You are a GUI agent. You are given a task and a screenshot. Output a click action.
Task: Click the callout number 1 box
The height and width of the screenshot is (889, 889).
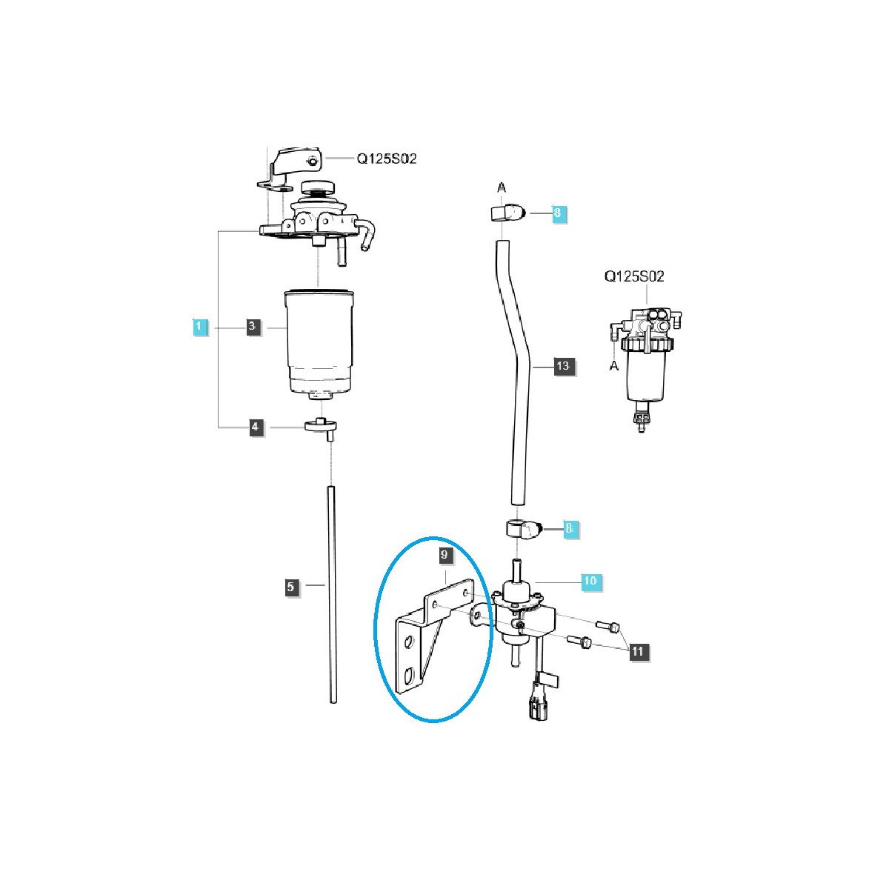click(x=199, y=326)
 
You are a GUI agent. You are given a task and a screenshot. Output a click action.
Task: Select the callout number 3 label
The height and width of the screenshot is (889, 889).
click(x=253, y=326)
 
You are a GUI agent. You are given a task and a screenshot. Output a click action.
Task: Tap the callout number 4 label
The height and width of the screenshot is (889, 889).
click(x=256, y=427)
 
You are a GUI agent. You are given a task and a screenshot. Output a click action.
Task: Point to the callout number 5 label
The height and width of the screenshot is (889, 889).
click(x=290, y=587)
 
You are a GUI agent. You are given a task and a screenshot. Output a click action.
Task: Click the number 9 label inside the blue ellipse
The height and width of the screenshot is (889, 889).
click(x=444, y=555)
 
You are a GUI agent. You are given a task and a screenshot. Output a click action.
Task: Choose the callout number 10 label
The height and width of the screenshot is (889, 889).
click(x=590, y=582)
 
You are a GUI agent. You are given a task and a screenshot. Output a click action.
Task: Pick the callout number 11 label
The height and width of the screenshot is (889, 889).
click(x=638, y=651)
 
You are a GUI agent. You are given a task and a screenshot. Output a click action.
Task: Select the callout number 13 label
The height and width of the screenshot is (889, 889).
click(x=563, y=366)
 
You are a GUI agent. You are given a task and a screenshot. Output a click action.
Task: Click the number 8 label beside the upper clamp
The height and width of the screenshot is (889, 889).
click(x=558, y=214)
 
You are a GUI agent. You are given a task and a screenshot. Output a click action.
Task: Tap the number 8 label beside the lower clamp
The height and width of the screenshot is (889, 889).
click(x=569, y=529)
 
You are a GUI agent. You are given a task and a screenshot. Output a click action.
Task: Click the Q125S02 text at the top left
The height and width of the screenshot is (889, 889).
click(x=387, y=159)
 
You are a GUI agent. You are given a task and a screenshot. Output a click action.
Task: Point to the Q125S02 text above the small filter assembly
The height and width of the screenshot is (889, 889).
click(x=634, y=276)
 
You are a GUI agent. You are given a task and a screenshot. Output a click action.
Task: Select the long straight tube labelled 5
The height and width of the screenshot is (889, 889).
click(x=332, y=593)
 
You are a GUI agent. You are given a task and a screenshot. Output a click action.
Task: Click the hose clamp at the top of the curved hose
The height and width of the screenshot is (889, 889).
click(x=505, y=213)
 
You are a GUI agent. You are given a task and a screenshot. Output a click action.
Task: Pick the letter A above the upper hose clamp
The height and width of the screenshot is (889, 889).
click(x=502, y=187)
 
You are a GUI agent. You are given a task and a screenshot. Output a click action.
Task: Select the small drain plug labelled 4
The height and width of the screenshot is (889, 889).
click(x=321, y=426)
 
